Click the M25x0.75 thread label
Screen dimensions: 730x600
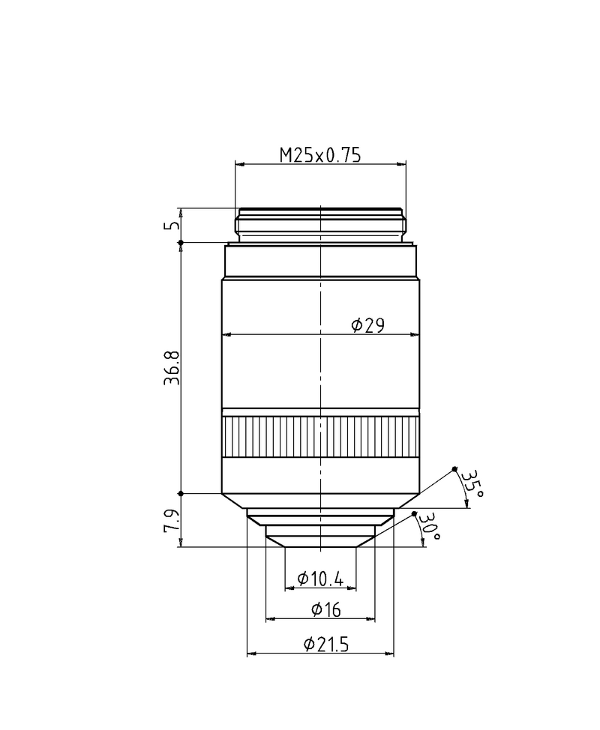(x=320, y=155)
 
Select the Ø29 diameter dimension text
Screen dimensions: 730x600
(x=367, y=325)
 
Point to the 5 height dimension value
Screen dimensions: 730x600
(x=173, y=225)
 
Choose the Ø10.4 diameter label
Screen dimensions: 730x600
(x=320, y=579)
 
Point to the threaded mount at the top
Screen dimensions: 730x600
(x=320, y=224)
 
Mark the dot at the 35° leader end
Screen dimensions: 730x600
(x=454, y=470)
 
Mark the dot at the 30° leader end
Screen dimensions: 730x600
(x=415, y=513)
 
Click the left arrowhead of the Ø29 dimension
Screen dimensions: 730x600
(x=226, y=334)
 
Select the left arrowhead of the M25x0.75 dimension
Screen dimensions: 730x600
(x=239, y=164)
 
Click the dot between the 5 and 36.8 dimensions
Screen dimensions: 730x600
(x=180, y=242)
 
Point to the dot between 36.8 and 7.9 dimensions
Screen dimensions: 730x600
(x=180, y=493)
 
